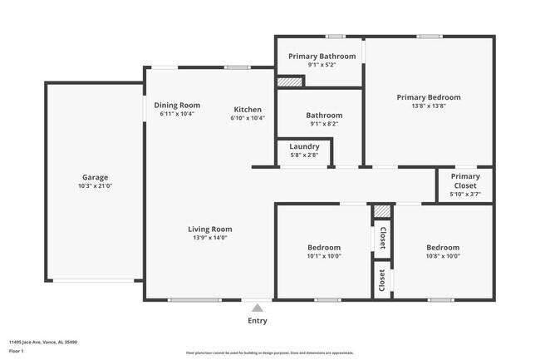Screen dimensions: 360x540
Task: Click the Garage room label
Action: [95, 177]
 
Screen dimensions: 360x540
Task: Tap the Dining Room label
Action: [177, 105]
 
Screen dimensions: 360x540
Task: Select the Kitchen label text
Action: [248, 110]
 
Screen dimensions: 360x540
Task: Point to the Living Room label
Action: [209, 229]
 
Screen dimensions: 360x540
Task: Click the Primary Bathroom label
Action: [322, 56]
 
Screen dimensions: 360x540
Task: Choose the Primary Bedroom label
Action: [428, 97]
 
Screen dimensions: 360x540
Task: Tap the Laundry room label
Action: [304, 146]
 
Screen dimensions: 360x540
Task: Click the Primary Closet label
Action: [464, 176]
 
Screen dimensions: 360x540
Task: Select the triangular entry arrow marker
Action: [258, 308]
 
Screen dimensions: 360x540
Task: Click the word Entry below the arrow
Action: [258, 321]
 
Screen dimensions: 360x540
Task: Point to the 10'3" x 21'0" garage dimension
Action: [95, 186]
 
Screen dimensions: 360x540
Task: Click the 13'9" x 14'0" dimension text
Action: [209, 238]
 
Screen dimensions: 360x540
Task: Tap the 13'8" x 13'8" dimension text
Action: [428, 106]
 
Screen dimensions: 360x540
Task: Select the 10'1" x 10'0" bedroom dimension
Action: [323, 256]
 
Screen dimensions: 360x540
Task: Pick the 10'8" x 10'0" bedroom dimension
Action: [442, 256]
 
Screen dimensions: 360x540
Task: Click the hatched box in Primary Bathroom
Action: [289, 81]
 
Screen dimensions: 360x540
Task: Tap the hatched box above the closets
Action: [381, 212]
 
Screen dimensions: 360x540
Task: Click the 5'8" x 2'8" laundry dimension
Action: [304, 155]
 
